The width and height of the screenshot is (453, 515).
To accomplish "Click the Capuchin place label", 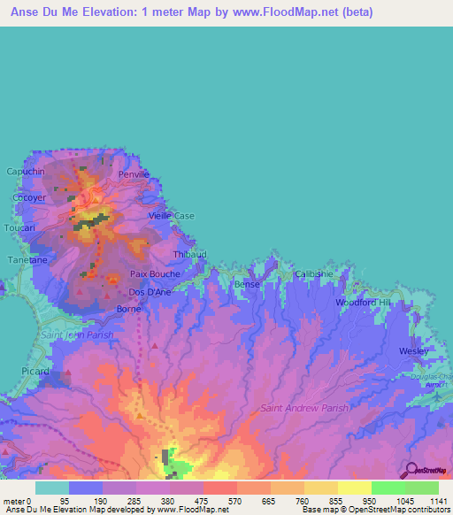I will tap(25, 172).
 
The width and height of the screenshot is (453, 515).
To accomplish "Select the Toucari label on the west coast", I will tap(19, 227).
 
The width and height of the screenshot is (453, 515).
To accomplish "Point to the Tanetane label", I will tap(27, 260).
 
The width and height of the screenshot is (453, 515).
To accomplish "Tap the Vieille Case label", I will tap(171, 216).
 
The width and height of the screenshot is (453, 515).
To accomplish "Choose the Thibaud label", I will tap(189, 254).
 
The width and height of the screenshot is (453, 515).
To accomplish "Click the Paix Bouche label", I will tap(155, 274).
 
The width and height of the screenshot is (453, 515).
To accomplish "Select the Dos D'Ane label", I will tap(150, 292).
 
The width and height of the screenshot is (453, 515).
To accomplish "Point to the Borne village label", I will tap(129, 309).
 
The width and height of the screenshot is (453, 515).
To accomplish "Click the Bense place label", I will tap(247, 284).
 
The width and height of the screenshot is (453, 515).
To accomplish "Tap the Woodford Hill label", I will tap(362, 303).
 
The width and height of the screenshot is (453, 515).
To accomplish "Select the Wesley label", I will tap(413, 350).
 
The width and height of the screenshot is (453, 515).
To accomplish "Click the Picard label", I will tap(35, 372).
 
